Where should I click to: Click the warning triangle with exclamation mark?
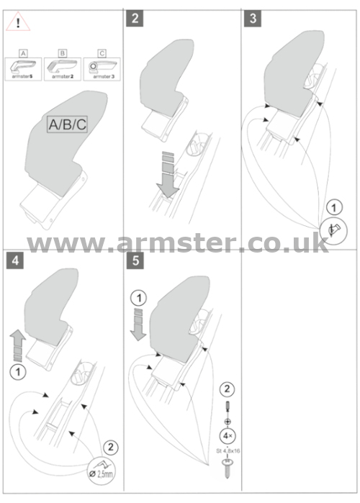click(x=18, y=22)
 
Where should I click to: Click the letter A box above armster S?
click(x=23, y=53)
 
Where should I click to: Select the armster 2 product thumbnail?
click(x=63, y=69)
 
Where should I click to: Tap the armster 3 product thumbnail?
click(x=102, y=69)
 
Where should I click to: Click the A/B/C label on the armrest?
click(x=68, y=124)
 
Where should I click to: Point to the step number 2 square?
click(x=135, y=18)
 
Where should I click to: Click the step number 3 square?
click(x=253, y=18)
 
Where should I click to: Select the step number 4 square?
click(x=15, y=260)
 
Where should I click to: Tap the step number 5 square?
click(x=135, y=260)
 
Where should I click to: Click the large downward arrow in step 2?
click(x=168, y=174)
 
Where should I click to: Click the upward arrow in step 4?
click(x=18, y=345)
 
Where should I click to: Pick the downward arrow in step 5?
click(x=138, y=324)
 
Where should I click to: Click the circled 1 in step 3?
click(x=334, y=207)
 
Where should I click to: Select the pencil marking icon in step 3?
click(x=333, y=231)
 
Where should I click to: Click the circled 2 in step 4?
click(x=111, y=447)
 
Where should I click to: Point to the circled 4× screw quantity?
click(x=228, y=436)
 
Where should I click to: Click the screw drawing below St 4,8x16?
click(x=228, y=468)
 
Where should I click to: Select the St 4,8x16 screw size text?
click(x=228, y=451)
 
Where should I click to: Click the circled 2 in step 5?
click(x=228, y=389)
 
